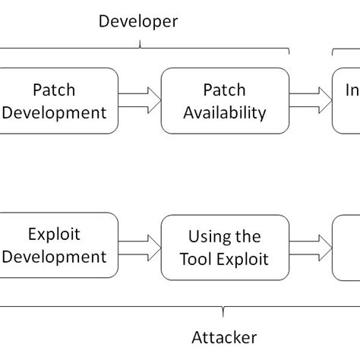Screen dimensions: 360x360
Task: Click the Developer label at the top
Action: click(137, 21)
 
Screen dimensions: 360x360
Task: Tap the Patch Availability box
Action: click(226, 101)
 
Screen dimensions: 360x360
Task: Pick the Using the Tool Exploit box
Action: click(226, 248)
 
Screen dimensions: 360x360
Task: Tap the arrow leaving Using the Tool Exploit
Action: click(311, 246)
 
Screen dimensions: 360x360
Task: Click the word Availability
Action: click(226, 113)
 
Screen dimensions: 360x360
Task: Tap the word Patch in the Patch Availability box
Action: click(224, 90)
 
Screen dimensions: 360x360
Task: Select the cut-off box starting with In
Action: click(347, 101)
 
